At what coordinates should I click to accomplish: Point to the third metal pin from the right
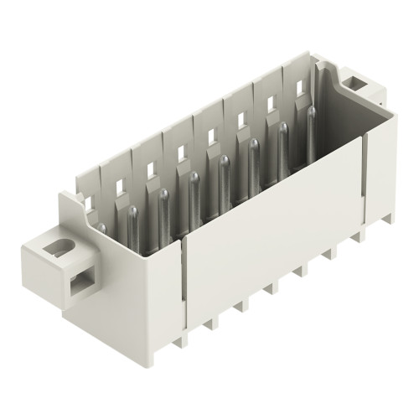click(x=252, y=156)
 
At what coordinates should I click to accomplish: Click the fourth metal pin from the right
click(x=224, y=172)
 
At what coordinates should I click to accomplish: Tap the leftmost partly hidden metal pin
click(x=102, y=227)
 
